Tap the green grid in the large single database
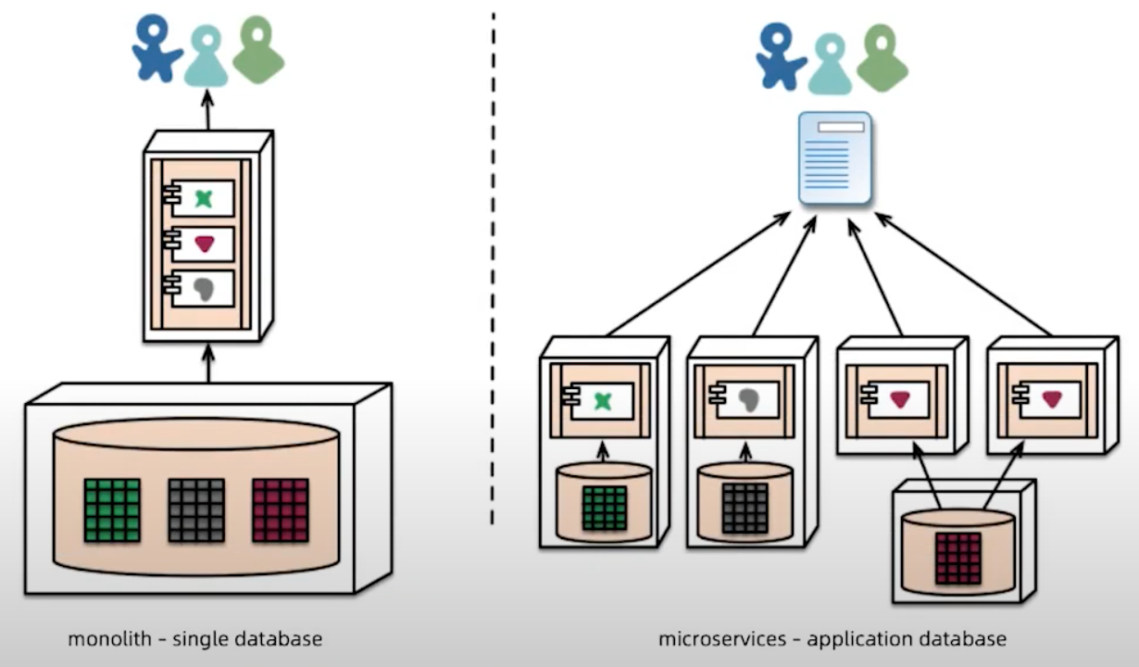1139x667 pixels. (x=112, y=510)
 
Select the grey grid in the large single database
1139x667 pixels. (x=196, y=510)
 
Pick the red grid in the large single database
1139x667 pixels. (x=280, y=510)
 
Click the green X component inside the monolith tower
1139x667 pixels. (x=204, y=198)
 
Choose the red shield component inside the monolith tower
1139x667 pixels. (x=204, y=244)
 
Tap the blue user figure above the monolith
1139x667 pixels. (x=156, y=46)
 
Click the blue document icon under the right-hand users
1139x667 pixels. (x=835, y=157)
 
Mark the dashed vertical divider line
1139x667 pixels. (x=493, y=269)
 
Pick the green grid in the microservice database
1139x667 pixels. (x=605, y=509)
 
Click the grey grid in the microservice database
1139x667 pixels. (x=745, y=509)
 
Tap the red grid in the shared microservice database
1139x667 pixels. (x=958, y=558)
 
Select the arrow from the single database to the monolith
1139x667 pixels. (x=207, y=363)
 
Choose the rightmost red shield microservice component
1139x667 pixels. (x=1051, y=399)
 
